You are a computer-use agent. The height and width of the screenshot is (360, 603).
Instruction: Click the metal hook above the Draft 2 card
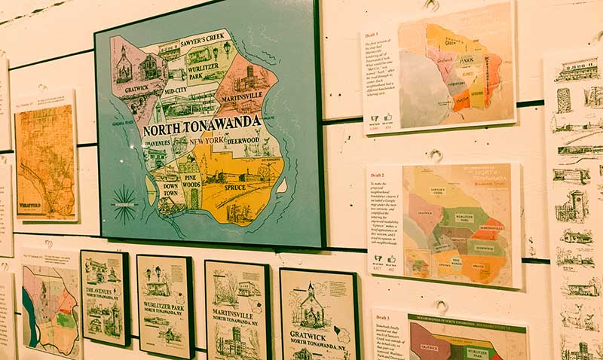[x=435, y=156]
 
